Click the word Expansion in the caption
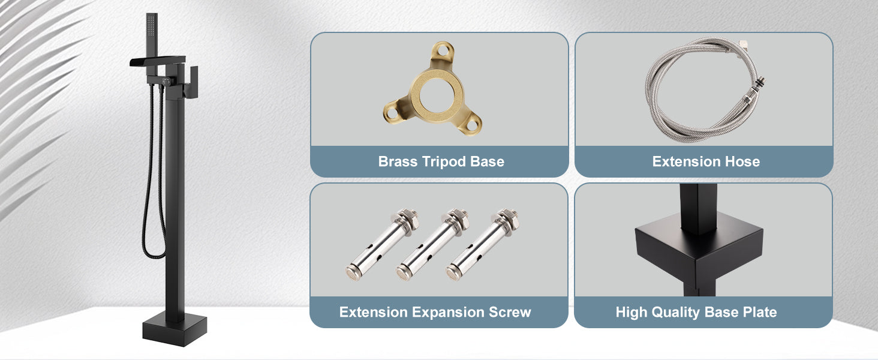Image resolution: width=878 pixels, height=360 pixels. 448,313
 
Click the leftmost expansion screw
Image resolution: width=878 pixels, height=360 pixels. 381,245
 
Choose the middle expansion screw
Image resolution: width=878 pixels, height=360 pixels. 432,245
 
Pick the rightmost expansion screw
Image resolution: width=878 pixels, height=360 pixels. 482,245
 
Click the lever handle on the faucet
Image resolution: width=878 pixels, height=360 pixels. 193,82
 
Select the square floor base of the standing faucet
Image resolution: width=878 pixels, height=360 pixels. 175,330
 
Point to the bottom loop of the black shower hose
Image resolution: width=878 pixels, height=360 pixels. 153,255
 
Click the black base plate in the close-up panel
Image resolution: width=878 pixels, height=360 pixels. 699,251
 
